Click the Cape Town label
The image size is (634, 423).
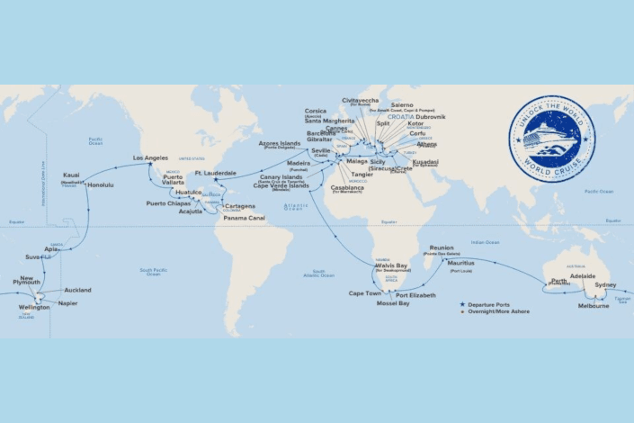point(365,293)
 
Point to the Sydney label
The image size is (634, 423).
point(606,284)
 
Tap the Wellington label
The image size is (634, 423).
point(34,307)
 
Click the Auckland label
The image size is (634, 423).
point(77,290)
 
